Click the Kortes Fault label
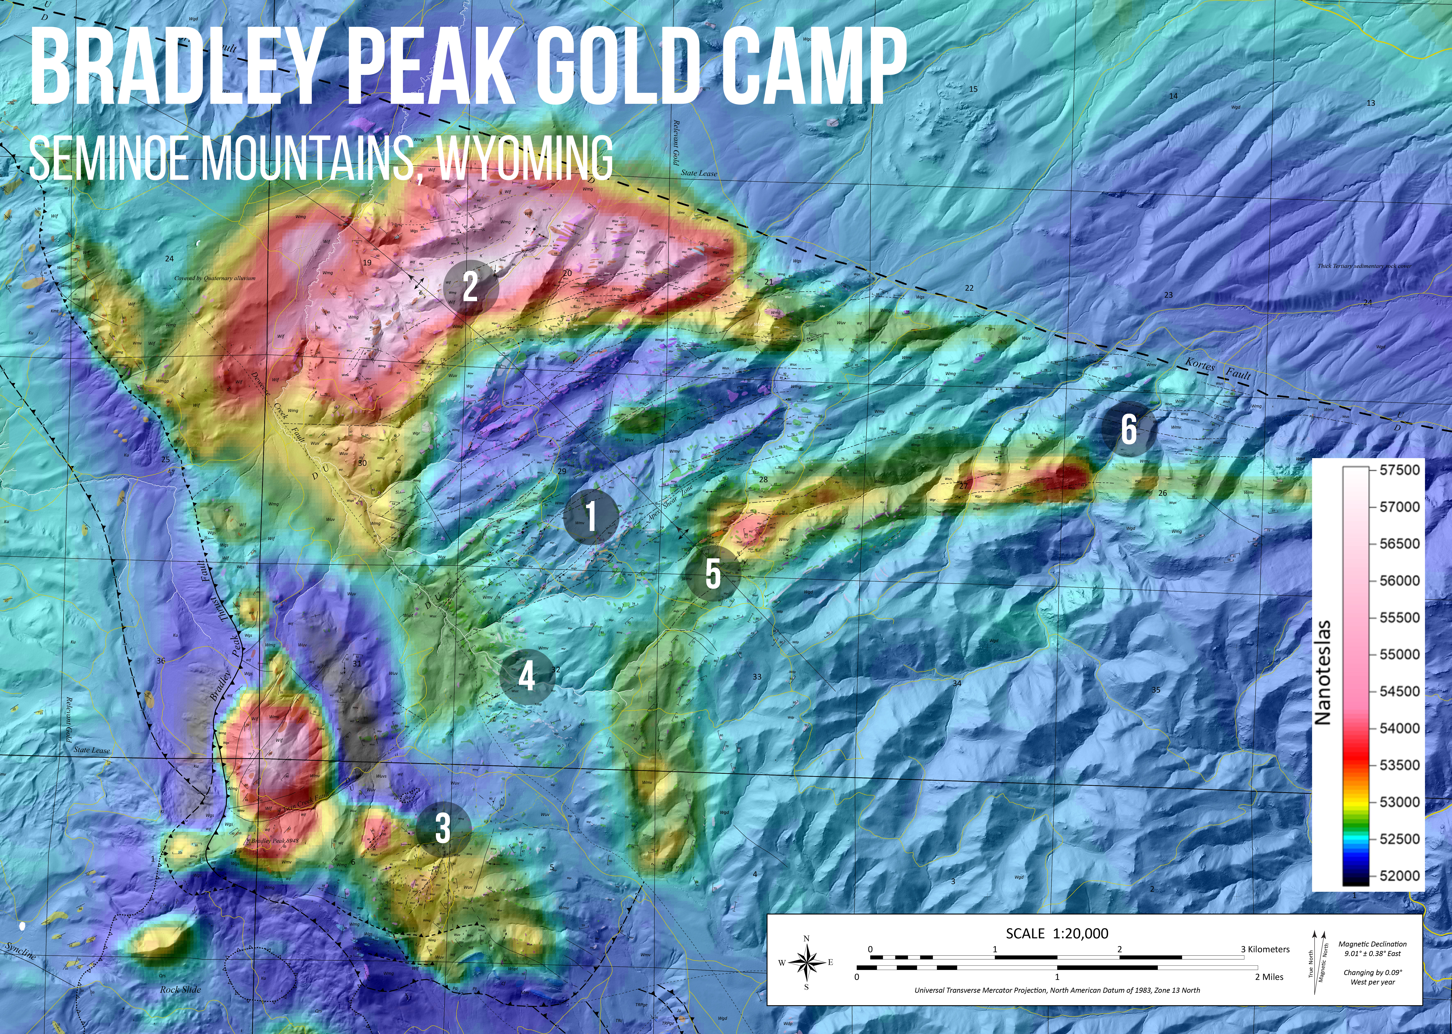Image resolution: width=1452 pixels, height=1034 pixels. [1218, 369]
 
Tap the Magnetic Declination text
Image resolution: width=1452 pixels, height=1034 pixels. [1372, 949]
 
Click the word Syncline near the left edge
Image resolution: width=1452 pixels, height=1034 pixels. [20, 951]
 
